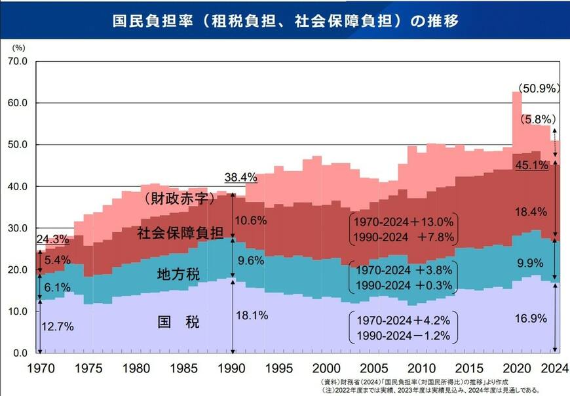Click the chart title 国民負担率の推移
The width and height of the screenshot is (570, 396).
tap(284, 20)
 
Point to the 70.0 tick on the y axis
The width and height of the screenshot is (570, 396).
tap(16, 62)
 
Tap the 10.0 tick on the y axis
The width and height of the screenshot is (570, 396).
tap(16, 312)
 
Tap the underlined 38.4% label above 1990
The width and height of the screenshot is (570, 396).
tap(240, 178)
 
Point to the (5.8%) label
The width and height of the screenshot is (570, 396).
tap(539, 119)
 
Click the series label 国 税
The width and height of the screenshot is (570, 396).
tap(179, 322)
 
